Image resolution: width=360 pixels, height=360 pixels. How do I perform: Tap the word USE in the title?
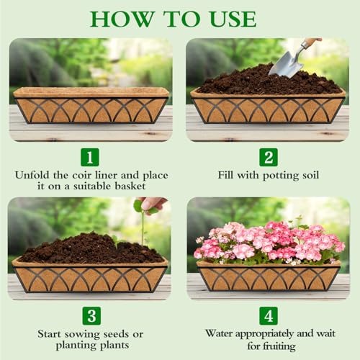point(231,19)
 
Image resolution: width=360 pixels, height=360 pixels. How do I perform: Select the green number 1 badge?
point(90,157)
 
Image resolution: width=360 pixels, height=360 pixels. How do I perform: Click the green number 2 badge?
point(269,157)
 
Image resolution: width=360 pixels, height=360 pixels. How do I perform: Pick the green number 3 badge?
point(90,315)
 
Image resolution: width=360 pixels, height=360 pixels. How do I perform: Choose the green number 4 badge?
point(269,315)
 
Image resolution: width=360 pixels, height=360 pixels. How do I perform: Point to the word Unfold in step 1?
point(35,175)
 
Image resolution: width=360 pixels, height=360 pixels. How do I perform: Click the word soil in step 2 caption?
point(310,175)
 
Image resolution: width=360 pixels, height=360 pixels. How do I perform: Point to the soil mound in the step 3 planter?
point(90,248)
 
